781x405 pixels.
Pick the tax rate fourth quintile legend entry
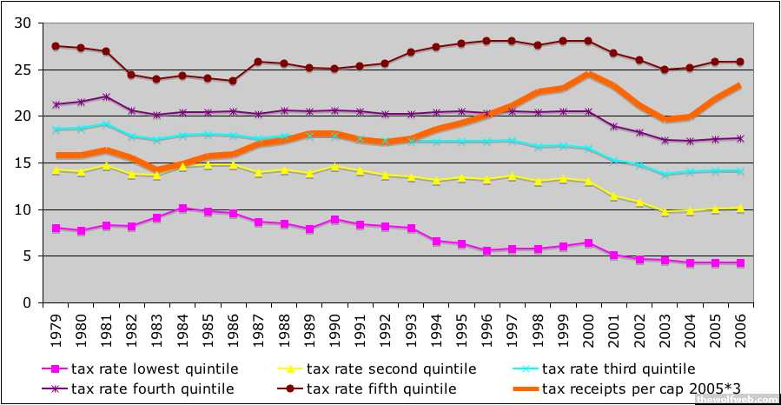[153, 388]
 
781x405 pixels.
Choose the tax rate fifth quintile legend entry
[382, 388]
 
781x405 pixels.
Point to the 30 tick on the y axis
[25, 23]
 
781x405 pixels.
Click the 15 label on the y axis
[25, 163]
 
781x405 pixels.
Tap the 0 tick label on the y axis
[30, 303]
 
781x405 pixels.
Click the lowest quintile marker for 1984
[182, 209]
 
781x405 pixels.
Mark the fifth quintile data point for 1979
[56, 46]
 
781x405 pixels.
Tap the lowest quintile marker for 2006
[739, 262]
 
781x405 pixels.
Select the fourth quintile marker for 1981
[106, 96]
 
